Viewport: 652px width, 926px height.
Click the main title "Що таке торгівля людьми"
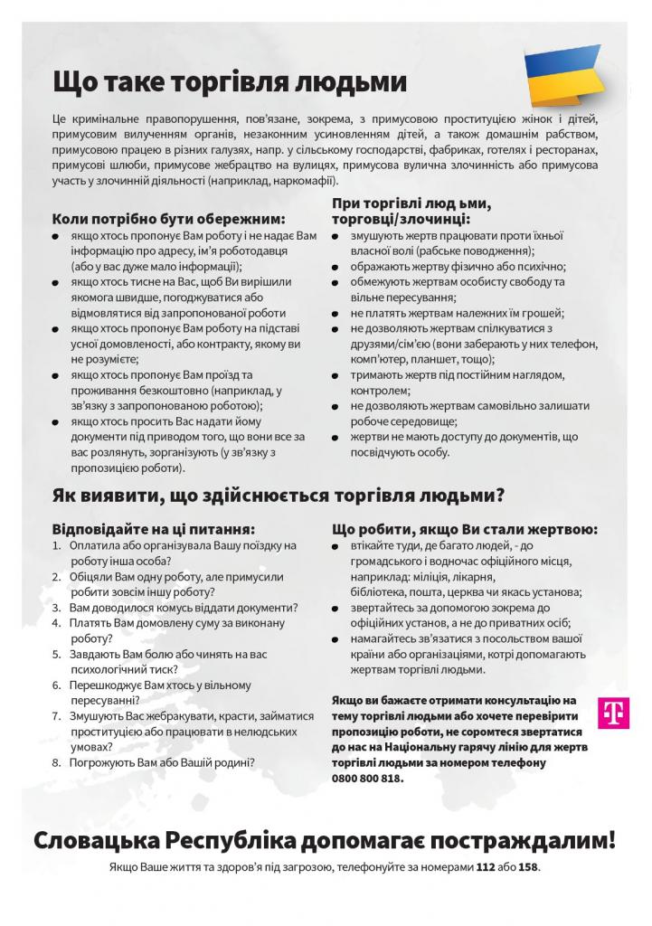point(230,82)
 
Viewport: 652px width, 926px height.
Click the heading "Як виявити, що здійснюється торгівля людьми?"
point(279,495)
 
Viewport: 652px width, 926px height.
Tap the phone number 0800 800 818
point(369,778)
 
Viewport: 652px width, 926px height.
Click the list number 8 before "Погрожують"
point(57,762)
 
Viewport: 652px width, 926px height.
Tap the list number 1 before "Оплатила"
point(56,545)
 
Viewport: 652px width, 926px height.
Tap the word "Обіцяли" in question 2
point(92,577)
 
